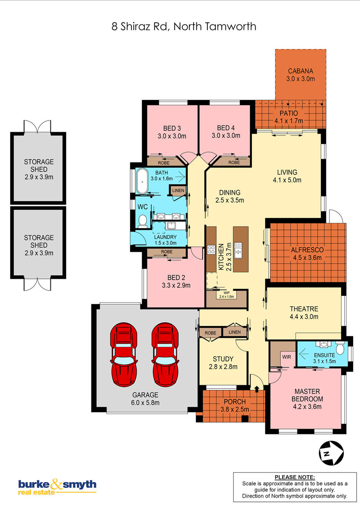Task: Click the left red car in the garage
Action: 124,354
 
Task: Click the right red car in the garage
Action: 166,354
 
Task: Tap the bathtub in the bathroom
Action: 142,181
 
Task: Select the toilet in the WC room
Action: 142,221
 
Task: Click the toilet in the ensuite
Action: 340,348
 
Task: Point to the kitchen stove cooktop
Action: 211,250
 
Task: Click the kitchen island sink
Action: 238,250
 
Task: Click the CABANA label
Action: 301,71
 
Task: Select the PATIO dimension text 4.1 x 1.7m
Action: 288,121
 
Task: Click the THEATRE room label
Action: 304,309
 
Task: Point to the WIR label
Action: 287,357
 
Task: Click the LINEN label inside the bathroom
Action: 178,191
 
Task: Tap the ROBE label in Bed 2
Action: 166,252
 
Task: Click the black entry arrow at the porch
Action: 256,388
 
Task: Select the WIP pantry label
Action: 226,293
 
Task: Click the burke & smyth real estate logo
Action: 57,487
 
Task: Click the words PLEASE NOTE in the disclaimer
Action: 295,477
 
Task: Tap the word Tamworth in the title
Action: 231,26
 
